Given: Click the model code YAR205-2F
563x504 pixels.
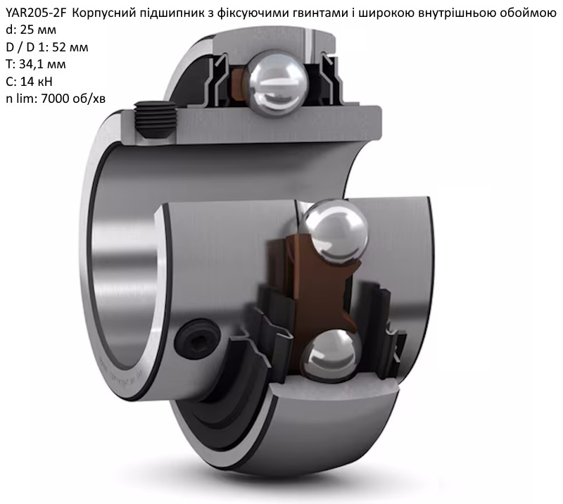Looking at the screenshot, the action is coord(37,13).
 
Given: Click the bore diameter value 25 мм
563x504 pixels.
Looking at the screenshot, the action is coord(38,30).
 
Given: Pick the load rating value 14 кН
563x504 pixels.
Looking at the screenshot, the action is coord(37,82).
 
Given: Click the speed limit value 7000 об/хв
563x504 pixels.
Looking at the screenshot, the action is coord(73,99).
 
